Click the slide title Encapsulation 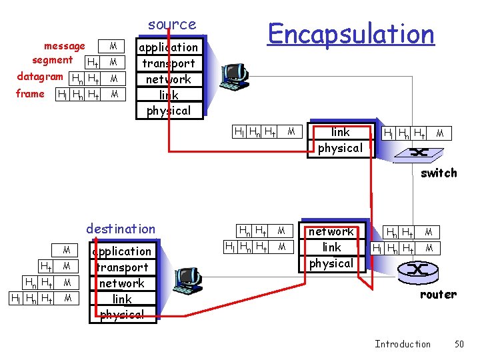pos(351,33)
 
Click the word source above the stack pos(172,25)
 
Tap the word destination pos(121,229)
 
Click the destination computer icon pos(187,281)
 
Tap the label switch pos(438,173)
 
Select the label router pos(438,295)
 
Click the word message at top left pos(64,46)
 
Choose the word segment pos(52,60)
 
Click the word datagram pos(40,76)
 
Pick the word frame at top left pos(30,93)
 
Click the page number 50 pos(459,344)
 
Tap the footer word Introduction pos(403,344)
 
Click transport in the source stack pos(169,63)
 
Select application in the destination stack pos(122,251)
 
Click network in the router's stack pos(331,232)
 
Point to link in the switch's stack pos(340,132)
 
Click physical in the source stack pos(169,111)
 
